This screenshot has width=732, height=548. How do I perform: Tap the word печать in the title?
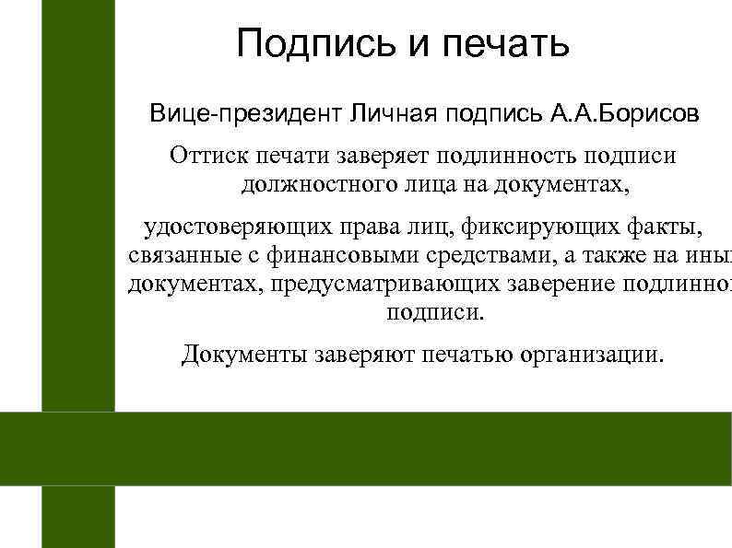coord(506,43)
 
